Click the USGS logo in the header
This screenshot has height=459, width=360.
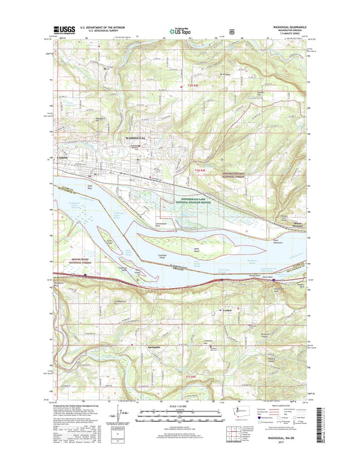63,29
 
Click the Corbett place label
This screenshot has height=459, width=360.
227,310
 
